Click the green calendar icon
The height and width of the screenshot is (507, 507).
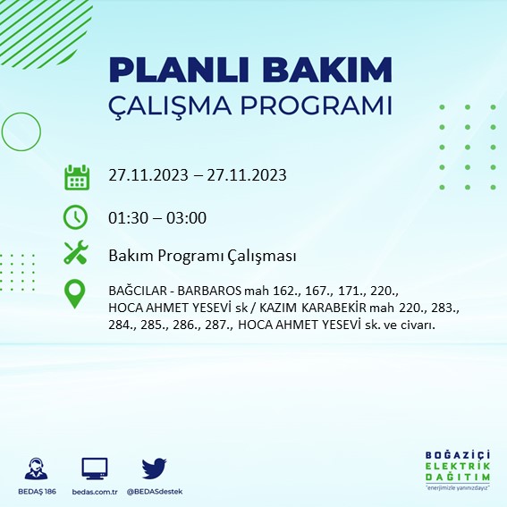(76, 176)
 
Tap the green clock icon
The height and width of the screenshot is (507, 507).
(76, 217)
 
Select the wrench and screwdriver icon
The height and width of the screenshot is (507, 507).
(76, 254)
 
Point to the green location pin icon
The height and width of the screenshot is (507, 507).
(76, 294)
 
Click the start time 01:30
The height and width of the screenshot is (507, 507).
(126, 217)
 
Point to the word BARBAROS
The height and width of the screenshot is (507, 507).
(207, 292)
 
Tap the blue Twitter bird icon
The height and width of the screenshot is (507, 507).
(155, 467)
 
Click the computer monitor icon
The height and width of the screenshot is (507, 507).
(94, 467)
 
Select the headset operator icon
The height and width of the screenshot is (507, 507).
(37, 469)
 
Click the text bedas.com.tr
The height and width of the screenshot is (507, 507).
(94, 493)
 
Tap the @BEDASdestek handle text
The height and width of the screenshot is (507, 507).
(155, 493)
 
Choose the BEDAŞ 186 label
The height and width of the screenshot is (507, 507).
(37, 493)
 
